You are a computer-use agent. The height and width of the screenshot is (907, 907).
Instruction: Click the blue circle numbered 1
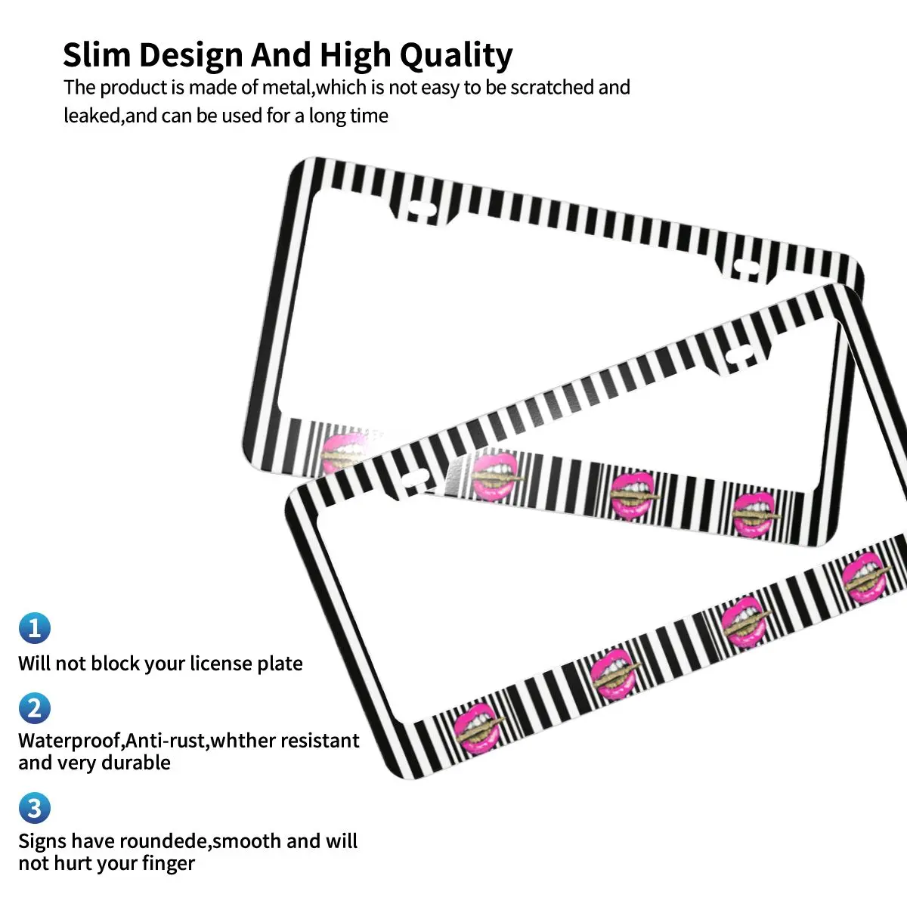coord(34,628)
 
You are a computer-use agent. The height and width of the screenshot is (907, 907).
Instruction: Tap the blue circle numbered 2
coord(34,708)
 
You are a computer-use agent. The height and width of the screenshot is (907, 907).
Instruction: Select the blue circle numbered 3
coord(34,808)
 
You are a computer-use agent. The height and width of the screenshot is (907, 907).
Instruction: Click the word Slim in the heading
coord(96,55)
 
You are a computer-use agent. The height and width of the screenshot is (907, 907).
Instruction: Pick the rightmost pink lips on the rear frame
coord(757,514)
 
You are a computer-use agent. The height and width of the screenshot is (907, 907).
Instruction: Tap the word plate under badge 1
coord(279,664)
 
